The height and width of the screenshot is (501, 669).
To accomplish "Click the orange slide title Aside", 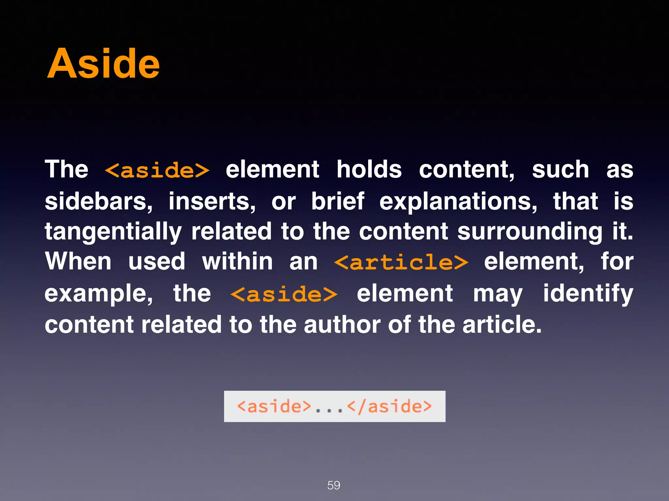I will (x=103, y=64).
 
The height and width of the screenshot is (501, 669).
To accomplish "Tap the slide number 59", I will (x=334, y=485).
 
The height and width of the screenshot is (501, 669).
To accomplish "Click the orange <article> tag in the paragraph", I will (x=401, y=262).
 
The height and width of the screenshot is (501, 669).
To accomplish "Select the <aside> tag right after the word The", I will (x=157, y=170).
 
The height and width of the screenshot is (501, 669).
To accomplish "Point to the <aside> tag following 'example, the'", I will (x=284, y=294).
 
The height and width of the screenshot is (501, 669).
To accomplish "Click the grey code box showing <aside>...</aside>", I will (x=334, y=406).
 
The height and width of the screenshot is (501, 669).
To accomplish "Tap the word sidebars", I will (x=98, y=201).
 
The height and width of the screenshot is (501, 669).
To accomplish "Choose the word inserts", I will (x=212, y=201).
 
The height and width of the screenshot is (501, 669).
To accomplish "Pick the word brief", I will (x=337, y=201).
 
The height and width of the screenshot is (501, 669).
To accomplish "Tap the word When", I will (x=78, y=262).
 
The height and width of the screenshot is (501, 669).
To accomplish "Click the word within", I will (x=237, y=262).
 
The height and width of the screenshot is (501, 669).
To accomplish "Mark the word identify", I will (x=588, y=294).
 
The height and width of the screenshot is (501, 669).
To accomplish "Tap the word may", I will (x=498, y=294).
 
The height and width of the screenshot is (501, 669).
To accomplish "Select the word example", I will (x=98, y=294).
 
